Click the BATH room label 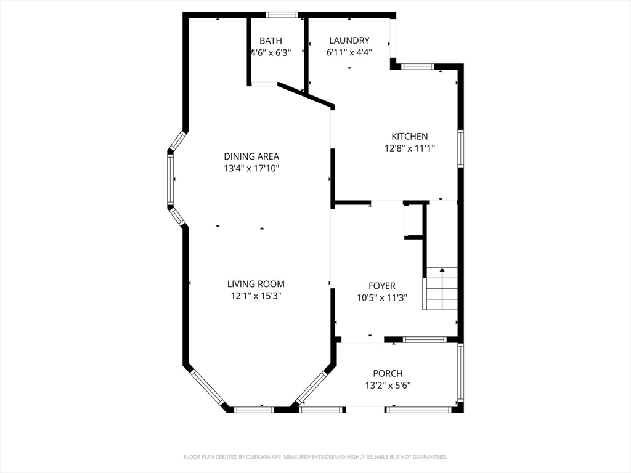271,41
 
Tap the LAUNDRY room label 349,40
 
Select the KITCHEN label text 410,136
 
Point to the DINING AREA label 251,156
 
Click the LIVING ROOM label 256,284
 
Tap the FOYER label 382,286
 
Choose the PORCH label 388,374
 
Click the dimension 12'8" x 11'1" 410,148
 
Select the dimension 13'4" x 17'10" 251,168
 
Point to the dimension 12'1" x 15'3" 256,296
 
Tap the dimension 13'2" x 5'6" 388,386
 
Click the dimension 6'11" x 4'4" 349,52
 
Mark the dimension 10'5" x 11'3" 382,298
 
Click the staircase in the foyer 440,288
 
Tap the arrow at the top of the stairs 442,270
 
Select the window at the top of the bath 282,15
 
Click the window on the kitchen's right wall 461,148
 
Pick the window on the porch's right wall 461,372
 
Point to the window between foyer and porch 425,340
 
